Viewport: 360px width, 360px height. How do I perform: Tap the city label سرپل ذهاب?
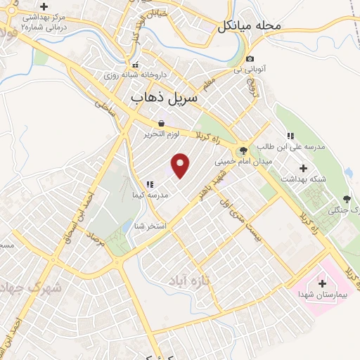pyautogui.click(x=166, y=100)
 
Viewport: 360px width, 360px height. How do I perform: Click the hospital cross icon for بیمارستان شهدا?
pyautogui.click(x=322, y=283)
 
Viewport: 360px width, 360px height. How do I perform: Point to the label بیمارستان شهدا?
pyautogui.click(x=322, y=295)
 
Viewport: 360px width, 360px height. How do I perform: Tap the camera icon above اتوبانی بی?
pyautogui.click(x=250, y=58)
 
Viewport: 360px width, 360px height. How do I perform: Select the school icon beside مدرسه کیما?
pyautogui.click(x=150, y=184)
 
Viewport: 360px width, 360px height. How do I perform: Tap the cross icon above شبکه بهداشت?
pyautogui.click(x=304, y=168)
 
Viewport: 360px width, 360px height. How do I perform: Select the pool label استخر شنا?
pyautogui.click(x=150, y=226)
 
